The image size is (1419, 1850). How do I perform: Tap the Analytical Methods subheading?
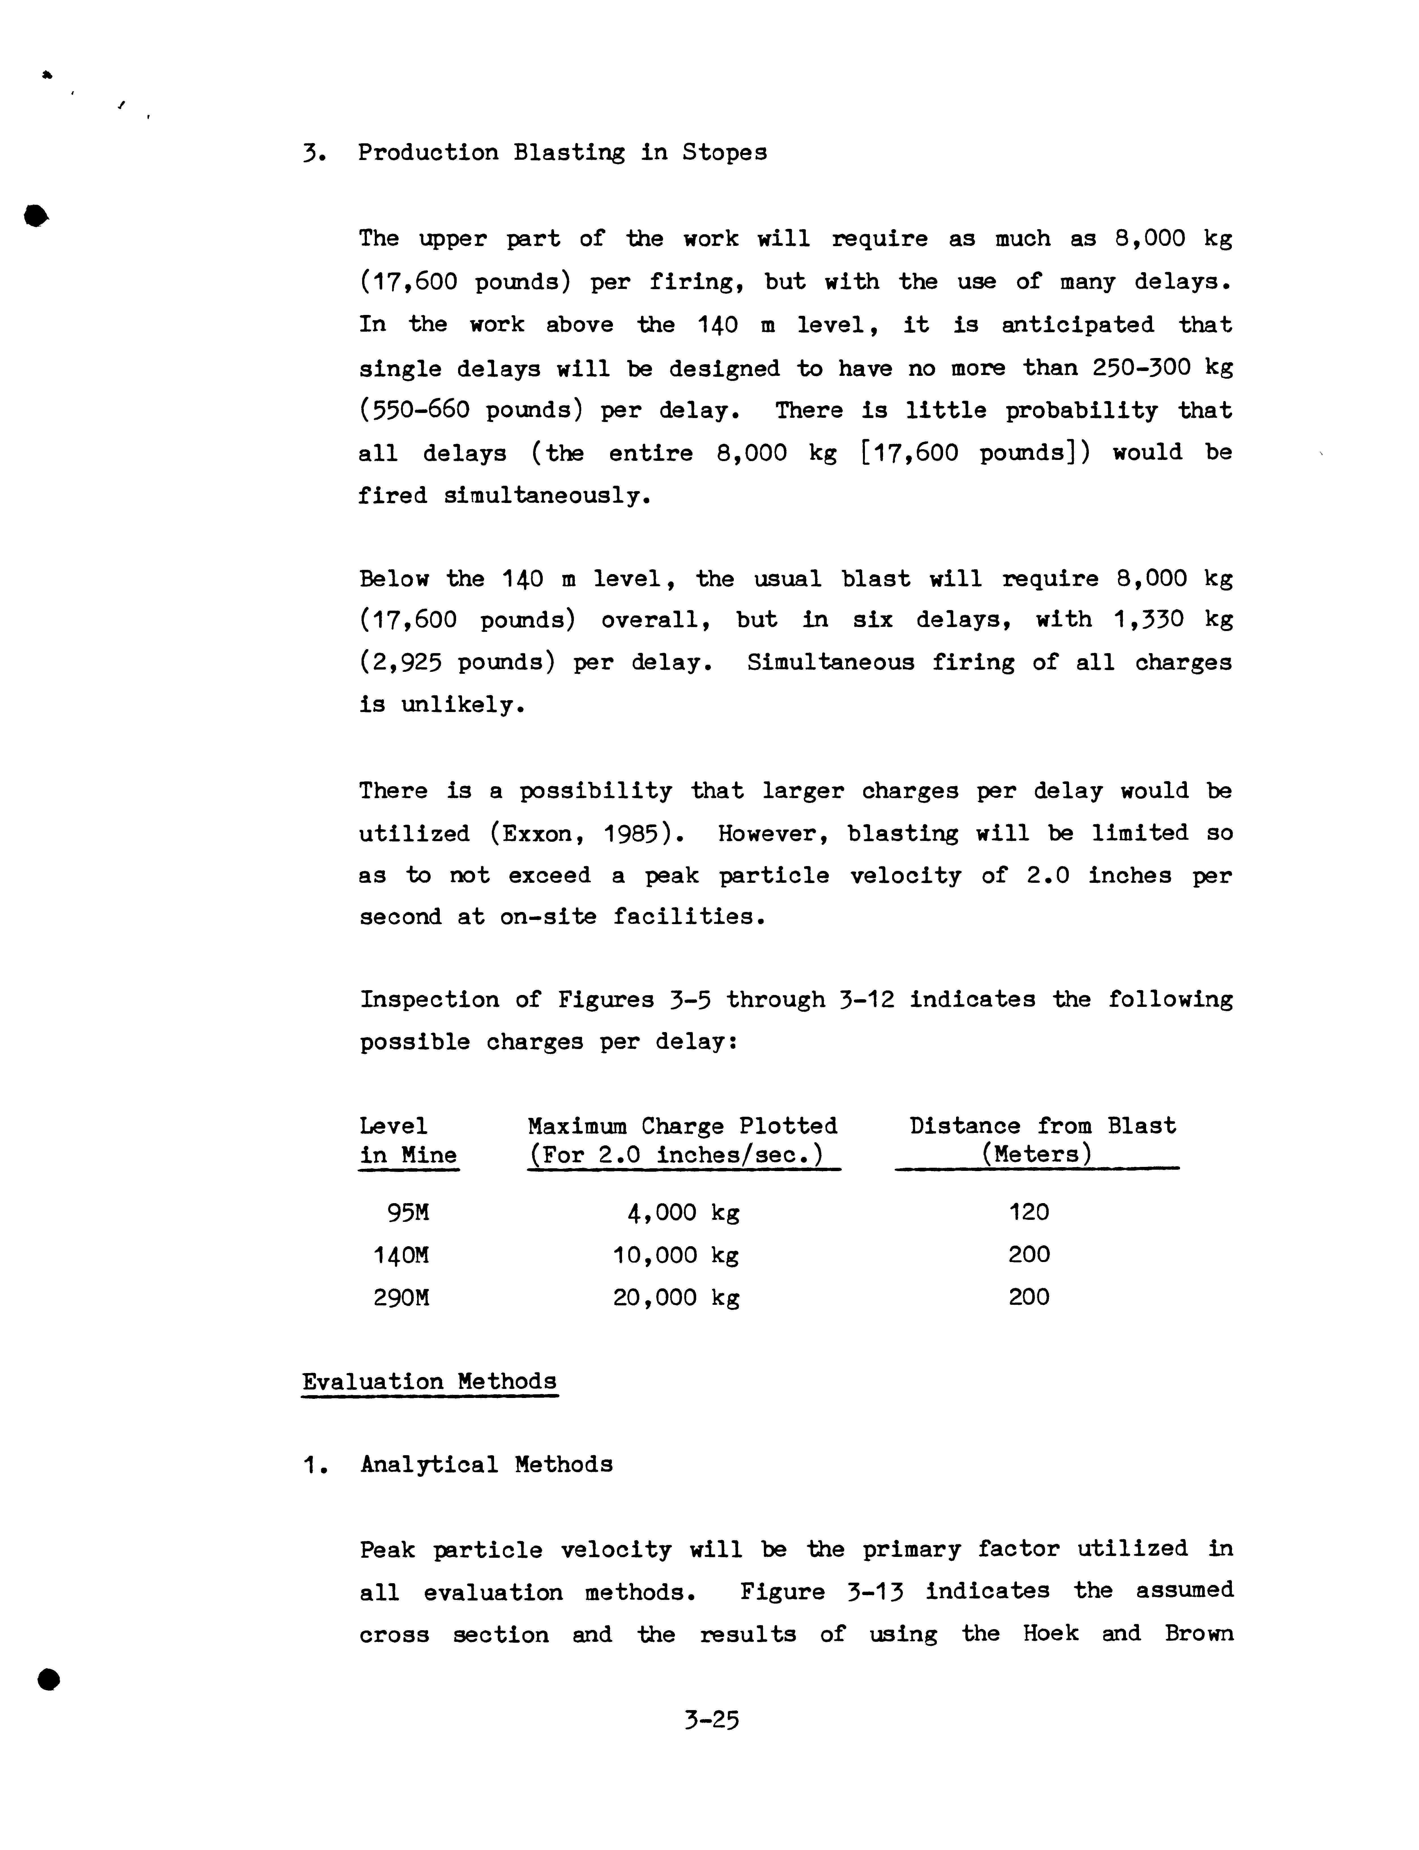486,1464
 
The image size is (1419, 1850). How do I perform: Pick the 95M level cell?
408,1213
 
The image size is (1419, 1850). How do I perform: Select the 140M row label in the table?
401,1255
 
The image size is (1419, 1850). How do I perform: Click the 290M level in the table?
401,1297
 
